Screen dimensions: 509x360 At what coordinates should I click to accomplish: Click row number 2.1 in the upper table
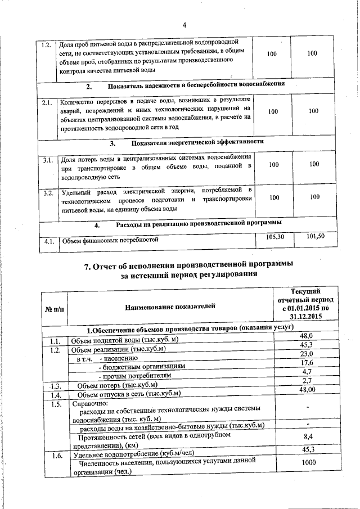[x=47, y=103]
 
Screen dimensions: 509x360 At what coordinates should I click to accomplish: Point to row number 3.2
[x=48, y=193]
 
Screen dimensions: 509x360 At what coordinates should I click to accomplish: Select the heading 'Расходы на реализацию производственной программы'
[x=199, y=224]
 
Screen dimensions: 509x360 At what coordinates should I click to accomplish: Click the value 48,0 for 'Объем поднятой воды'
[x=307, y=336]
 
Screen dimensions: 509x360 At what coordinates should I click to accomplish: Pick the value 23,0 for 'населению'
[x=307, y=354]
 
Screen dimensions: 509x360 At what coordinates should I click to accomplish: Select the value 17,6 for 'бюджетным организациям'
[x=307, y=363]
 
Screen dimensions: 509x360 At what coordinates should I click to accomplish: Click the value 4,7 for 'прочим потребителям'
[x=307, y=372]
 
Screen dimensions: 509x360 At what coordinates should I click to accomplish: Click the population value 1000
[x=307, y=462]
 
